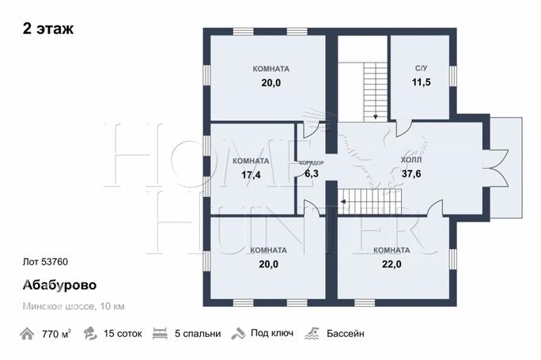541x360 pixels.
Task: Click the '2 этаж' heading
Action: click(x=48, y=28)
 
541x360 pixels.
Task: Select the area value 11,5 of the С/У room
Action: click(x=422, y=82)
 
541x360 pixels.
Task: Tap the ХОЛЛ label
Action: click(x=411, y=160)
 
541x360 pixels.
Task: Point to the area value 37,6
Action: click(x=411, y=173)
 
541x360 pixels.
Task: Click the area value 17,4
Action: click(x=251, y=175)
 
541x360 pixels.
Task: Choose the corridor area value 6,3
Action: click(x=312, y=173)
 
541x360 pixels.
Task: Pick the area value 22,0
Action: click(x=392, y=264)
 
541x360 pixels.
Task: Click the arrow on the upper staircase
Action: click(x=376, y=116)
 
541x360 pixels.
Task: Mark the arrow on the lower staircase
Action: click(x=343, y=202)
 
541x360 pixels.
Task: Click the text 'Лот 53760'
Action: click(x=45, y=262)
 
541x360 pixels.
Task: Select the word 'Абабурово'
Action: click(x=59, y=285)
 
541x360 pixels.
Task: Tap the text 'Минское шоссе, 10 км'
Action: click(x=74, y=306)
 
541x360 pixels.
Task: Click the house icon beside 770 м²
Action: click(x=27, y=334)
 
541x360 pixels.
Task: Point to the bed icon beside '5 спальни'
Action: click(x=160, y=333)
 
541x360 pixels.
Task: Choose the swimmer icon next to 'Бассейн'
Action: click(x=312, y=333)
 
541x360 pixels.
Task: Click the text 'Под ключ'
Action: click(x=272, y=333)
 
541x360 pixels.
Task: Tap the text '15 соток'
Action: click(x=123, y=334)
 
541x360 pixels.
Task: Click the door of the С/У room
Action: click(x=404, y=128)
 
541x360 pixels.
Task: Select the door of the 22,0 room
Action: click(x=435, y=208)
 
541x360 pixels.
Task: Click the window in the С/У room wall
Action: click(x=452, y=76)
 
